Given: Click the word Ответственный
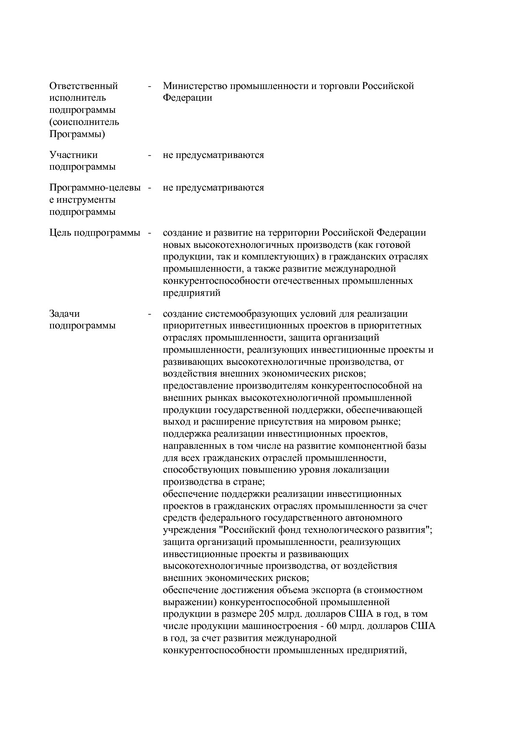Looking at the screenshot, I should coord(84,86).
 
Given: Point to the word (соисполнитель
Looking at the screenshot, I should coord(84,122).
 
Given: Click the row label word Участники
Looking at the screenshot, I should coord(74,155).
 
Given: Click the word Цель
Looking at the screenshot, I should coord(60,233).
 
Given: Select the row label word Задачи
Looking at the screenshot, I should coord(64,314).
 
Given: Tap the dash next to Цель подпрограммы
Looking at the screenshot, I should coord(149,233).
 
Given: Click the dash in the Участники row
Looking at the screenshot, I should coord(149,155).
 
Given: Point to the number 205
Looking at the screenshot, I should coord(267,614).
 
